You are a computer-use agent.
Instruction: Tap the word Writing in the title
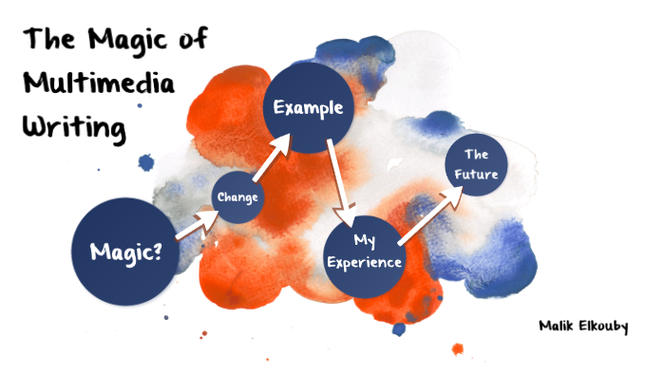pos(75,127)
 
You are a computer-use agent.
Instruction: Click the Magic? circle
pos(124,252)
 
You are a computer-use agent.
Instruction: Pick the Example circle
pos(308,108)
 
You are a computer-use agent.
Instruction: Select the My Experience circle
pos(364,251)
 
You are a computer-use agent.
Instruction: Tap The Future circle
pos(475,165)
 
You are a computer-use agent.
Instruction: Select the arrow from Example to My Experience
pos(341,175)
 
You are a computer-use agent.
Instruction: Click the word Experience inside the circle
pos(364,262)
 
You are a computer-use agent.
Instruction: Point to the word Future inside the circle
pos(475,174)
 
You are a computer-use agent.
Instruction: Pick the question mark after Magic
pos(154,252)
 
